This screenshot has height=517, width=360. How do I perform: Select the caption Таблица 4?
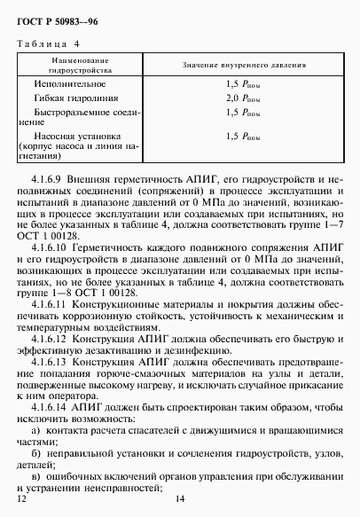(48, 42)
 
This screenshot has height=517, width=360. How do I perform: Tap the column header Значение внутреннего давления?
(244, 66)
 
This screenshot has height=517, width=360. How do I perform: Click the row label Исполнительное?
(72, 82)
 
